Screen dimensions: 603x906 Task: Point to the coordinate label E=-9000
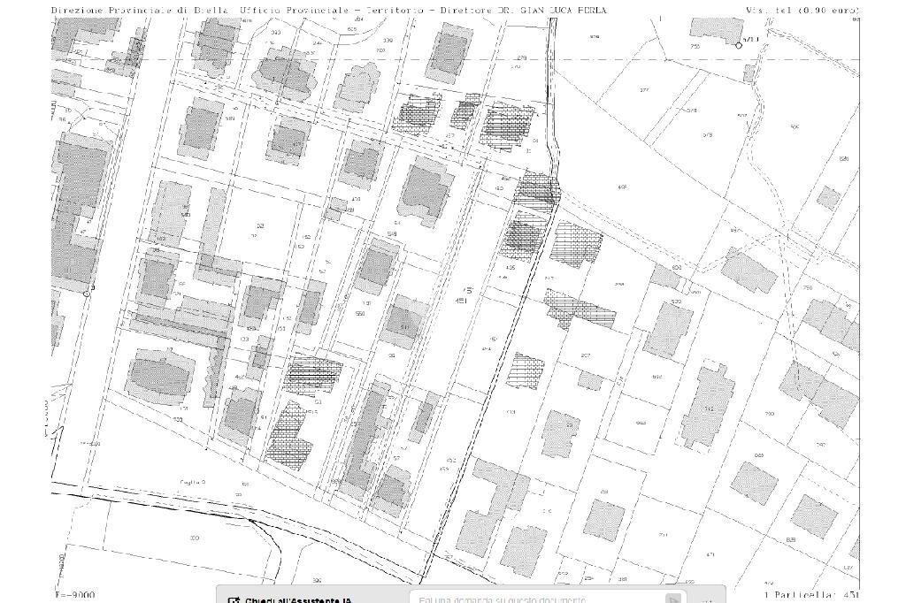pos(74,595)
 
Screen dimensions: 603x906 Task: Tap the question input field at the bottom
pos(540,599)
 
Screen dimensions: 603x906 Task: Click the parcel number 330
pos(195,538)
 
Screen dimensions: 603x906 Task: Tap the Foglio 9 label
pos(192,482)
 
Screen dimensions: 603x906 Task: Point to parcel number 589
pos(231,118)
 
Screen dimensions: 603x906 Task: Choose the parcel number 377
pos(643,90)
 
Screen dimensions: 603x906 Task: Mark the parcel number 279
pos(522,58)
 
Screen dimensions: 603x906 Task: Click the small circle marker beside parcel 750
pos(739,45)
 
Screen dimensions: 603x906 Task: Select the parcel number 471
pos(710,555)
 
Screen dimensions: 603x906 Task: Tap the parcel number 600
pos(677,268)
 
